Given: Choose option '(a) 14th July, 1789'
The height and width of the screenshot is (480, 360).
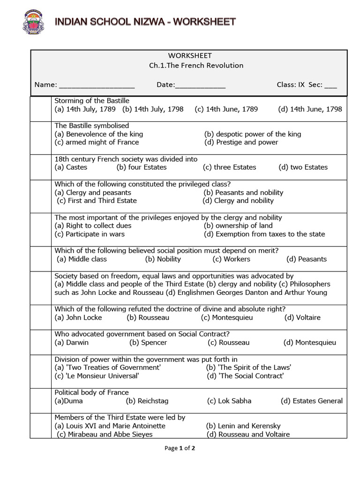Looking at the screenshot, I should coord(85,109).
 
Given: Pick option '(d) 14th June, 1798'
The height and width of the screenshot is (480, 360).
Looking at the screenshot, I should coord(310,109).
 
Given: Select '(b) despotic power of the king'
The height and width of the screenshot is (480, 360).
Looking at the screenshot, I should coord(253,134).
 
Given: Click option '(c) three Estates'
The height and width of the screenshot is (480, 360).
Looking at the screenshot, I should coord(229,167).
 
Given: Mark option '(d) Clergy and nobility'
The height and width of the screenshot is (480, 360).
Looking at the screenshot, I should coord(238,201).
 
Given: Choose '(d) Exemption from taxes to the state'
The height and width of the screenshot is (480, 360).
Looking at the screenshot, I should coord(264,234).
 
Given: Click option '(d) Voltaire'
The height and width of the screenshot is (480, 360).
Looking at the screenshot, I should coord(302,317).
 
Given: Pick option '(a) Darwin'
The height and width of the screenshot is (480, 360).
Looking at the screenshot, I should coord(72,343).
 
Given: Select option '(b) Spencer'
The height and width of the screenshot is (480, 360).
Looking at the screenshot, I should coord(148,343).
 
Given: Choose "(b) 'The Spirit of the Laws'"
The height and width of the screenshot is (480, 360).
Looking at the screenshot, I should coord(248,367).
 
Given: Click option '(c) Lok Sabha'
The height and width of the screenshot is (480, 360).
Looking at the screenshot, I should coord(229,401).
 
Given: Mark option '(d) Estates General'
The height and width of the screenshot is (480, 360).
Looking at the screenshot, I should coord(312,401).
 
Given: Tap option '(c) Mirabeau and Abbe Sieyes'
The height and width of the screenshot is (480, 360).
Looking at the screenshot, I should coord(105,435).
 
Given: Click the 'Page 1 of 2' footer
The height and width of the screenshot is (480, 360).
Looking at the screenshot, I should coord(180,448).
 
